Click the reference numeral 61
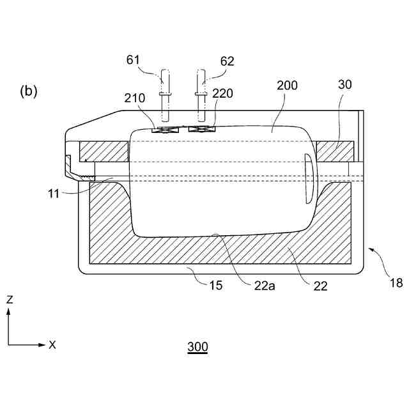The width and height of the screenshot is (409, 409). click(132, 61)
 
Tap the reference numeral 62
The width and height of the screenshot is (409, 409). click(227, 61)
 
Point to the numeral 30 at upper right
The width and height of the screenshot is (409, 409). click(345, 85)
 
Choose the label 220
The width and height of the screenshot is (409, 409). click(223, 93)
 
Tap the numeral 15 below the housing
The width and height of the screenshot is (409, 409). click(215, 285)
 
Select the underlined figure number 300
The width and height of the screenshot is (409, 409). click(197, 348)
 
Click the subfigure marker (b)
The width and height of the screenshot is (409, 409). click(29, 91)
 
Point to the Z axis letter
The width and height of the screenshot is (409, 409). click(9, 299)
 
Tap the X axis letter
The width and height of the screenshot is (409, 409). click(52, 344)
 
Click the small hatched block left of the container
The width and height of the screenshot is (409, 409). click(104, 151)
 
